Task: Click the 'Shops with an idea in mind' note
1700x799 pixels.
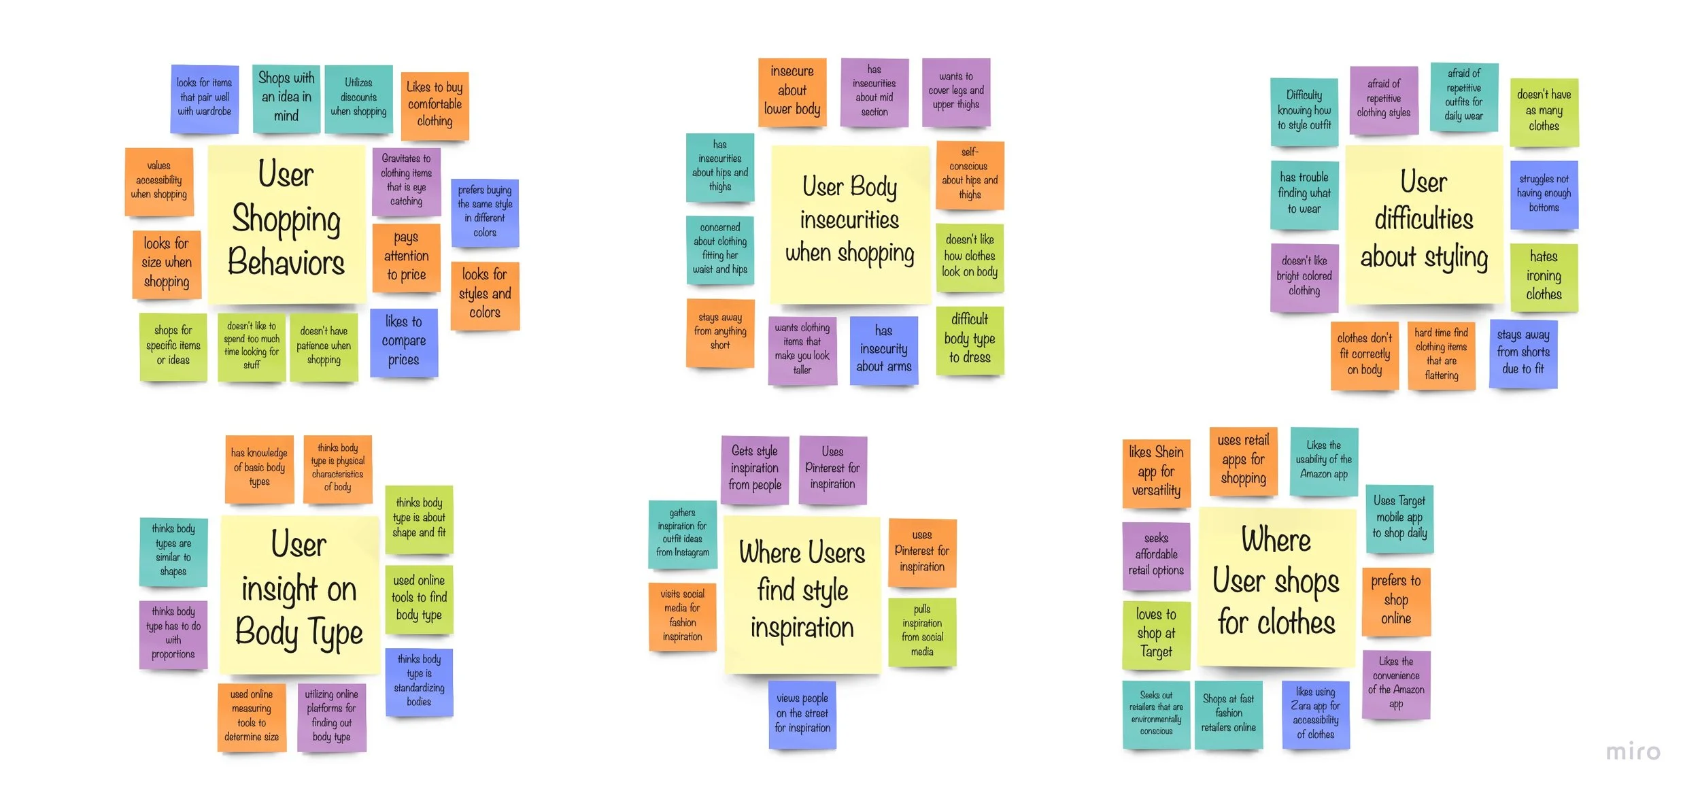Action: (286, 98)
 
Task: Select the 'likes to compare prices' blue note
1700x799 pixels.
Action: (404, 342)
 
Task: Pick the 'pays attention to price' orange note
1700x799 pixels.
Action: (406, 257)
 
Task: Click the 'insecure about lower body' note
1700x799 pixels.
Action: (792, 91)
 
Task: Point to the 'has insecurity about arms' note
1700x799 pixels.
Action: (883, 350)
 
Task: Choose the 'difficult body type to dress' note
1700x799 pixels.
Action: (970, 339)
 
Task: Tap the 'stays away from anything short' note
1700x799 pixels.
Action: (720, 332)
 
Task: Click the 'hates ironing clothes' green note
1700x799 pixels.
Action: (1544, 276)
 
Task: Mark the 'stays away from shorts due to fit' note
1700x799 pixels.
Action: (1523, 353)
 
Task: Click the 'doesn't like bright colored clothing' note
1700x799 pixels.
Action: (1304, 277)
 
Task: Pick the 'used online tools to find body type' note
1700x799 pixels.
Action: (419, 598)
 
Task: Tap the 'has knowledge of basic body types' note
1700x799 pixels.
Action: (259, 468)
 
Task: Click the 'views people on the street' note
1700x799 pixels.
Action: (802, 713)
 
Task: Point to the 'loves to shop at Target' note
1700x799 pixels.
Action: (1156, 634)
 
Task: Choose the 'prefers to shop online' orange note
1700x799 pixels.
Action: (1396, 601)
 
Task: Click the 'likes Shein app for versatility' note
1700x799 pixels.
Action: (1156, 472)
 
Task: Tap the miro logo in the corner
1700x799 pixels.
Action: (1633, 752)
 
